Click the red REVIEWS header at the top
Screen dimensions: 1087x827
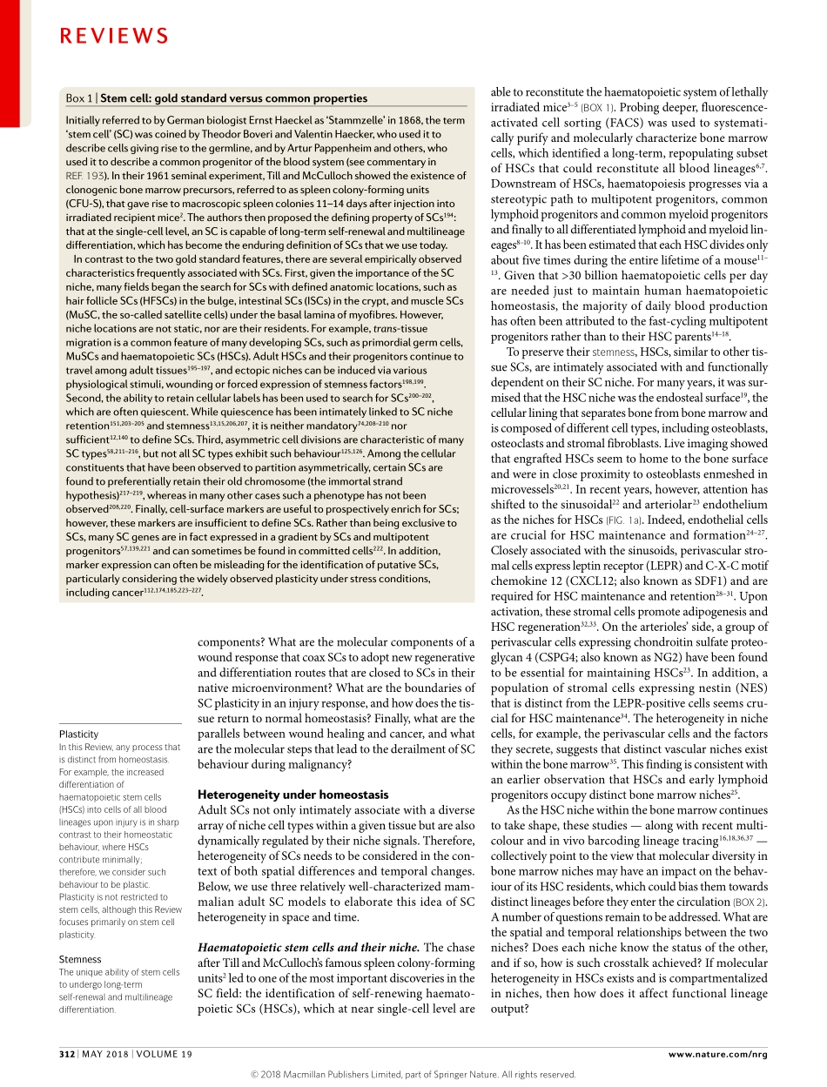pos(114,36)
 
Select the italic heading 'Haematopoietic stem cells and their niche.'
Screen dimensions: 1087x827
pos(308,948)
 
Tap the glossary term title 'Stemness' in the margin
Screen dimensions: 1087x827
pos(80,959)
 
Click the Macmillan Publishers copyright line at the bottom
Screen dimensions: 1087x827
pos(413,1074)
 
